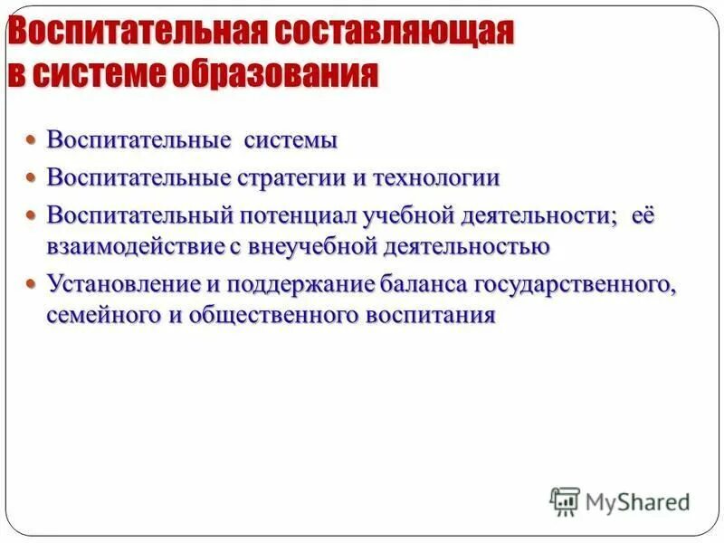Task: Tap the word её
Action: (x=645, y=215)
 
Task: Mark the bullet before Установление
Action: (x=32, y=283)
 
